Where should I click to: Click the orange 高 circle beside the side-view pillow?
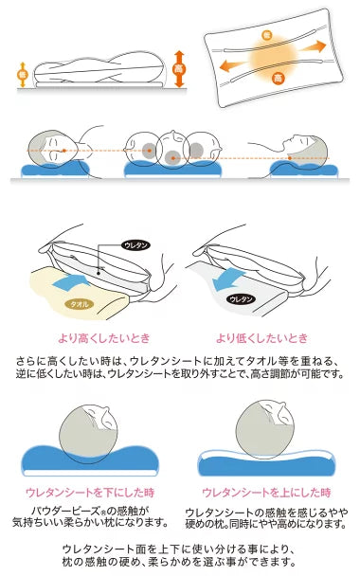178,69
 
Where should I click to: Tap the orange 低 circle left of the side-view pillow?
23,75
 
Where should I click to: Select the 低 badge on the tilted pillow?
267,35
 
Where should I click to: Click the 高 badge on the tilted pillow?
279,78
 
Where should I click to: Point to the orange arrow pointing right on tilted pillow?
313,47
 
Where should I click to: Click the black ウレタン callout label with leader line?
135,245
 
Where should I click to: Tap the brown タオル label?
80,304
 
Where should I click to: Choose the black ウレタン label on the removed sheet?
241,299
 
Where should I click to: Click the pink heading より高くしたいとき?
104,338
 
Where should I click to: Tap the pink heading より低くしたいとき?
261,338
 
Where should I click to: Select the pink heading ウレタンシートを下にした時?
90,493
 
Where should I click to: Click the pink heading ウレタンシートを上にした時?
266,493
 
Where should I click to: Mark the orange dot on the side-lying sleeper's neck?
290,158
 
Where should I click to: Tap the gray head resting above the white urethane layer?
265,429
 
